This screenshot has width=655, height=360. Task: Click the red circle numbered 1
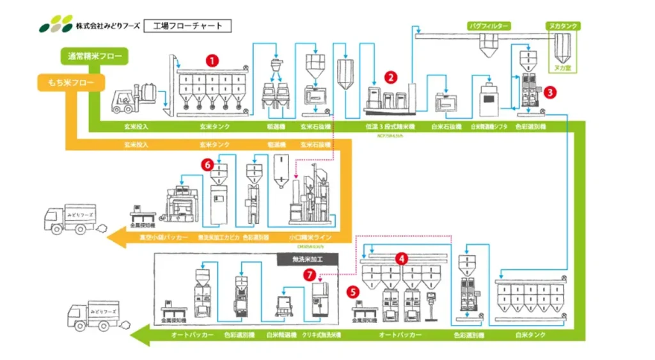212,59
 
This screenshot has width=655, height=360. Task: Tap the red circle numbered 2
390,77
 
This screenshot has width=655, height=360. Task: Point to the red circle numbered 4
401,259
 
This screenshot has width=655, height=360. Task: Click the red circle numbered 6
207,164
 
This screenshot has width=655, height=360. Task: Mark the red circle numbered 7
310,275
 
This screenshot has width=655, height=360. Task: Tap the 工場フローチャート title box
187,26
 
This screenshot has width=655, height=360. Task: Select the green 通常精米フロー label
93,56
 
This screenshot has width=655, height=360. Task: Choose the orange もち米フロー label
67,82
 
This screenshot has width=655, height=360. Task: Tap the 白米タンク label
530,334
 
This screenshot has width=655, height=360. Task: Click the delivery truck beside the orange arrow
70,219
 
